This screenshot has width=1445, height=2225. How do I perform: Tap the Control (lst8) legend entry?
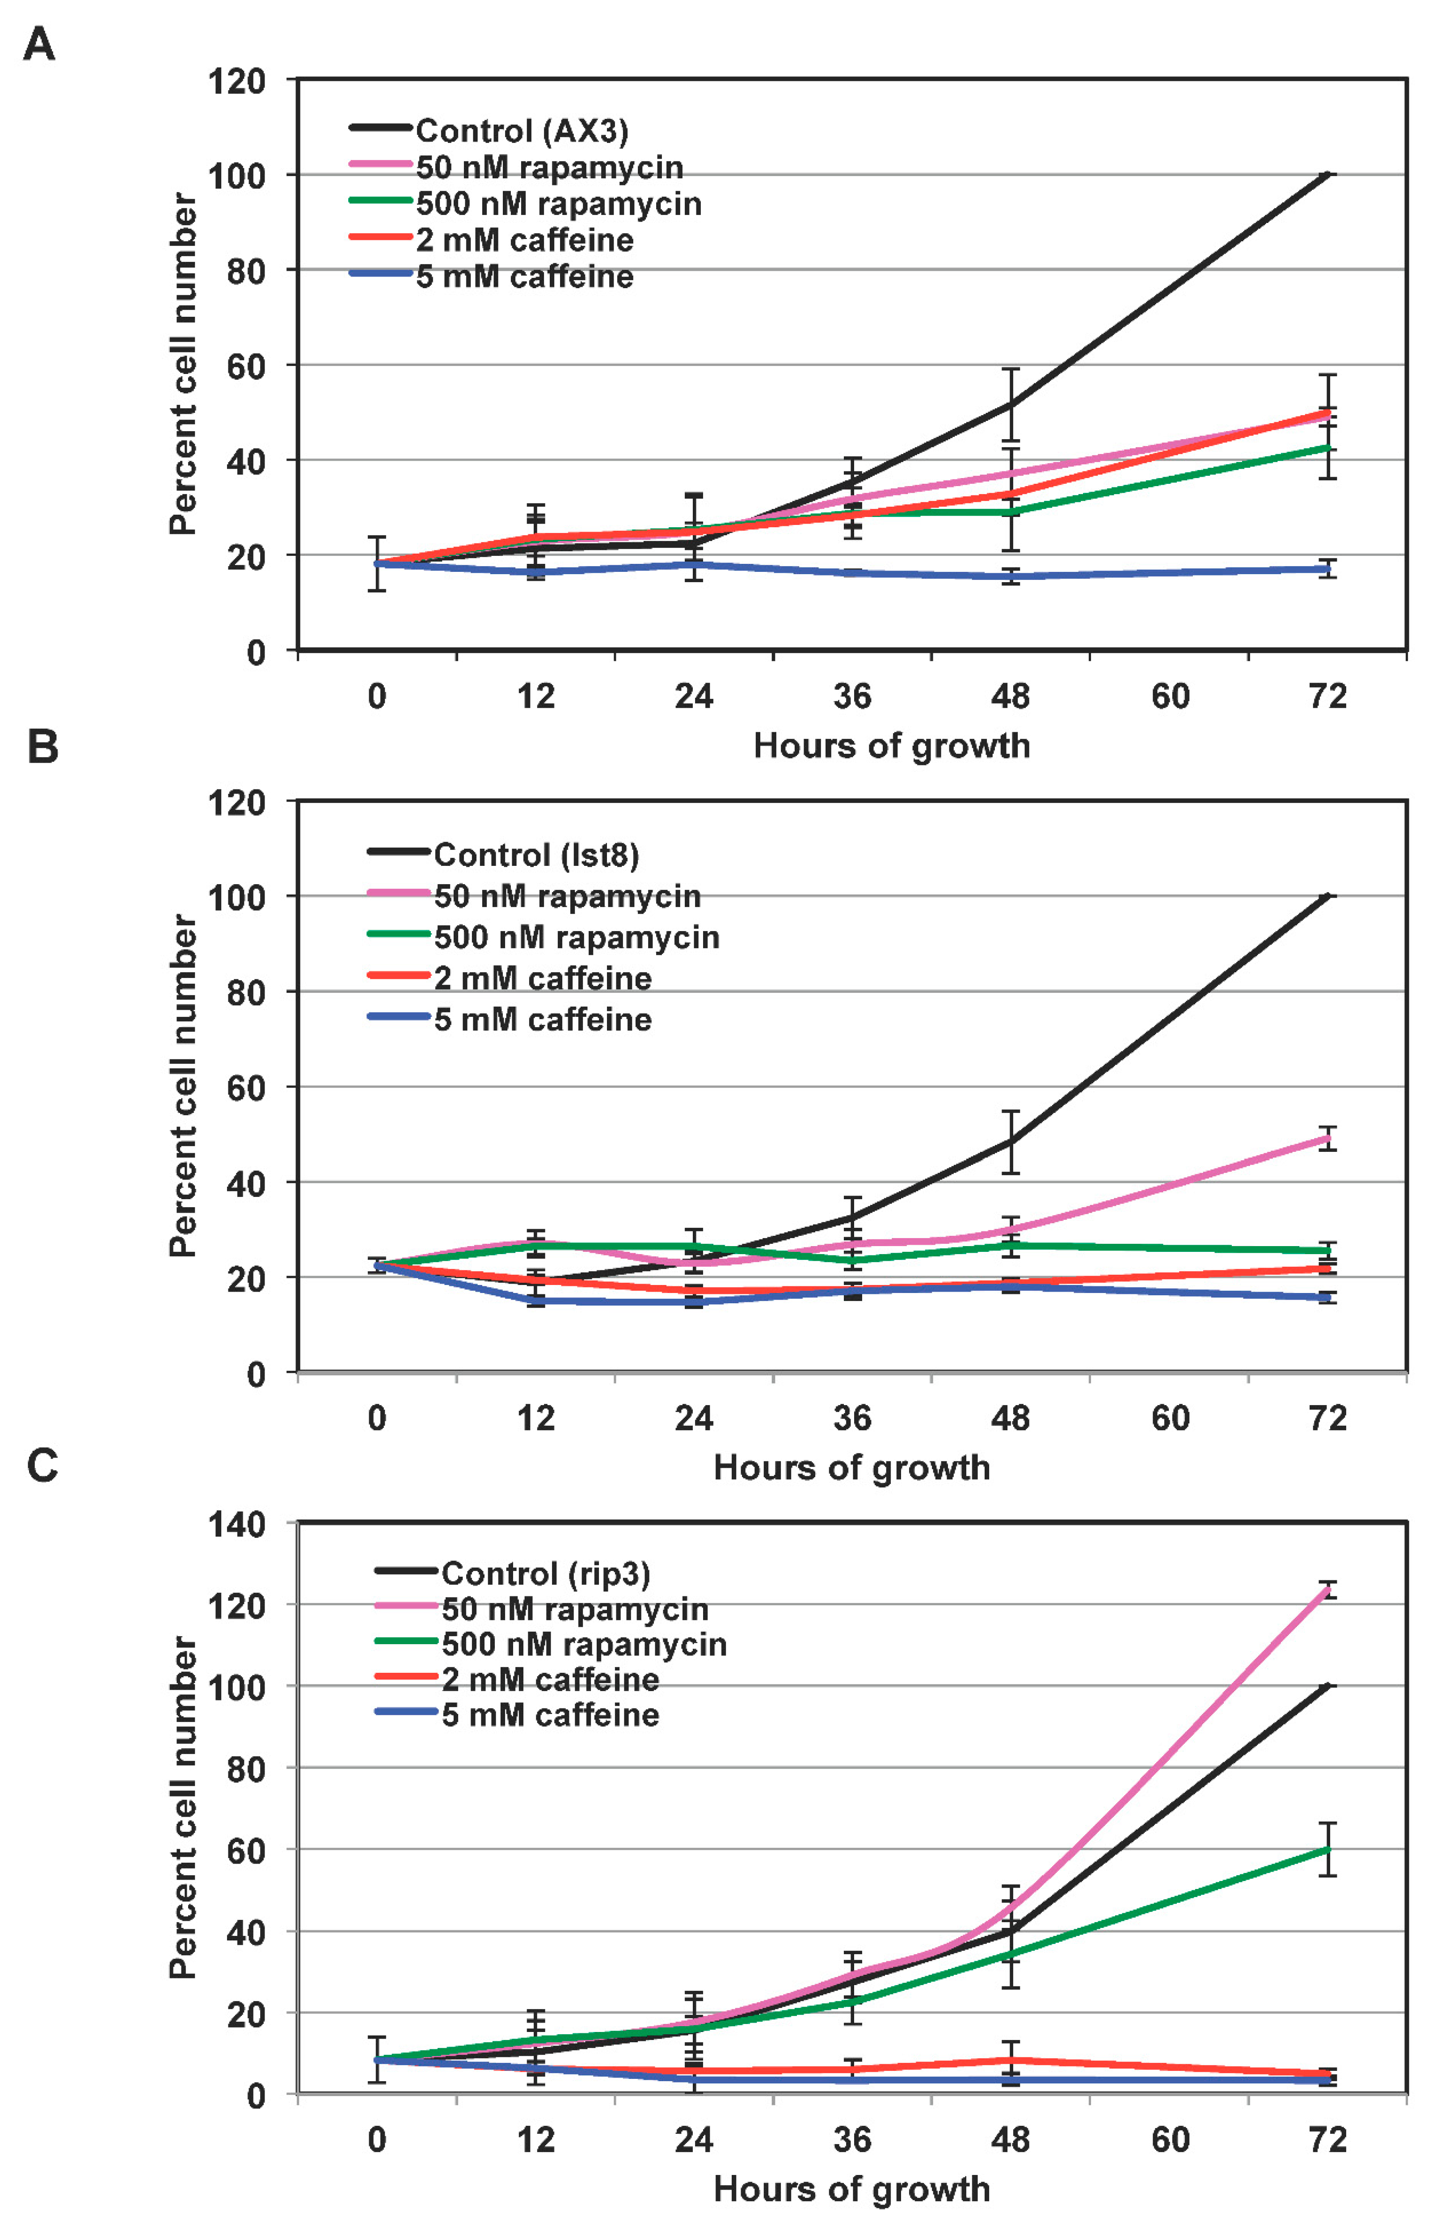[x=536, y=854]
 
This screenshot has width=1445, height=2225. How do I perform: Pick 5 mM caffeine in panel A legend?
[x=524, y=277]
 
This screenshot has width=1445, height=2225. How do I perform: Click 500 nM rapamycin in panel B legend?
[x=576, y=937]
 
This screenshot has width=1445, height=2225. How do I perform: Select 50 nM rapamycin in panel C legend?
[x=574, y=1609]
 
